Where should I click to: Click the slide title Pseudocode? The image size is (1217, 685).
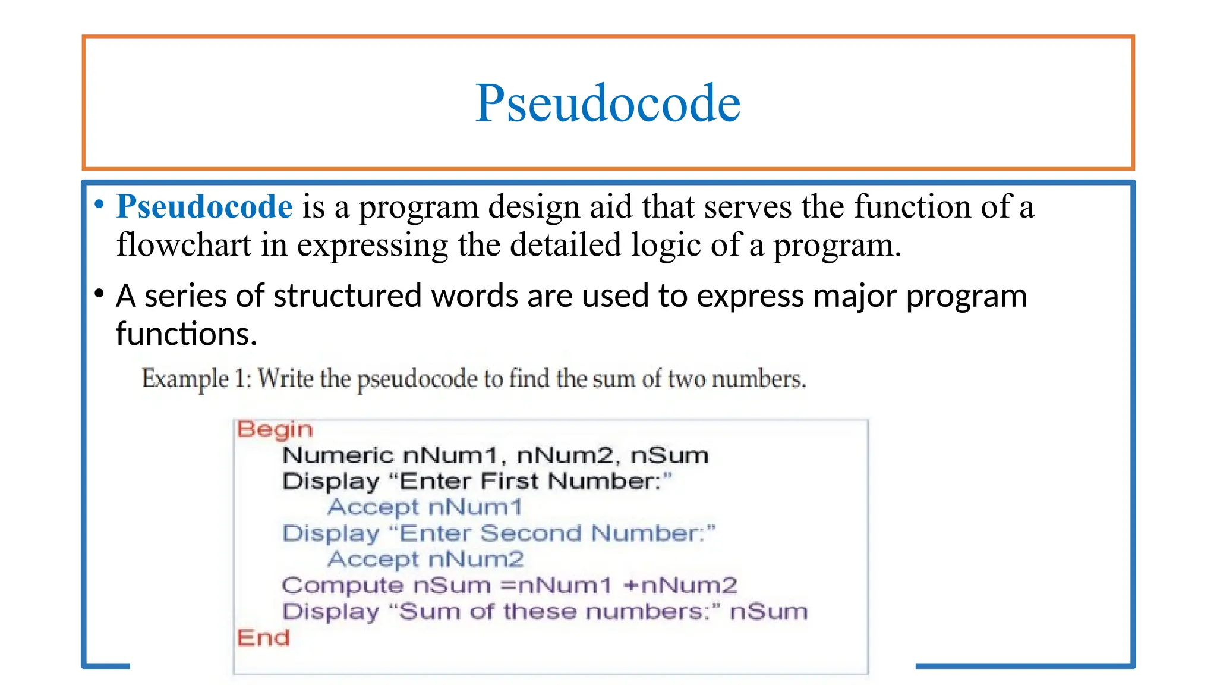tap(607, 103)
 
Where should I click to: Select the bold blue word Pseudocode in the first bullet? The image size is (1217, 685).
tap(204, 207)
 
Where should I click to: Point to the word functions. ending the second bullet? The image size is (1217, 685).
tap(186, 334)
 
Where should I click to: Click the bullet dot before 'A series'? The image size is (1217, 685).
tap(99, 293)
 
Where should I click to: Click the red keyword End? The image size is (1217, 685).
tap(263, 638)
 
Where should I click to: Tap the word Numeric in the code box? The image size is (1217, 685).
tap(338, 455)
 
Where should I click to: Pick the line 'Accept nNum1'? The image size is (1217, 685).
tap(424, 507)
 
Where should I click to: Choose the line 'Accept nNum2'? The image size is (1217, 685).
tap(425, 560)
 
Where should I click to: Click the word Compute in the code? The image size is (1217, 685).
tap(342, 586)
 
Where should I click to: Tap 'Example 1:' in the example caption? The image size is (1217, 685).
tap(194, 379)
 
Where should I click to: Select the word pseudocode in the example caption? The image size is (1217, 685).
tap(417, 379)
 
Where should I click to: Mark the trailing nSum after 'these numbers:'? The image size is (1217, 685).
tap(768, 612)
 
